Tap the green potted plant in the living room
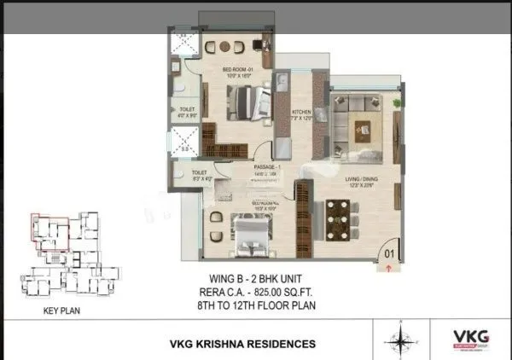[397, 102]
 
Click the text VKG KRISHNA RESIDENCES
[243, 344]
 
